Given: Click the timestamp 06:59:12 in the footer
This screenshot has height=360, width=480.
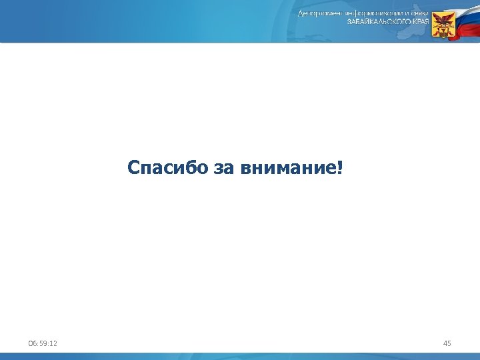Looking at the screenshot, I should [x=43, y=343].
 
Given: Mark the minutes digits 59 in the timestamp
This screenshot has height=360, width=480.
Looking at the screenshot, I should [x=43, y=343].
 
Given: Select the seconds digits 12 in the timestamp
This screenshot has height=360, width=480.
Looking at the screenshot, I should [x=53, y=343].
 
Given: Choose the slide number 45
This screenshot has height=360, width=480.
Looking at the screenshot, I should [x=447, y=343].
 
